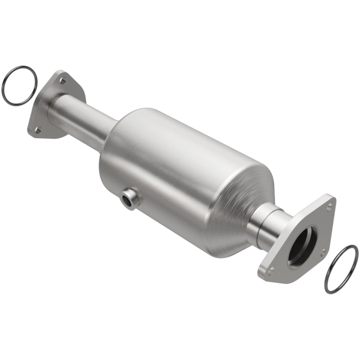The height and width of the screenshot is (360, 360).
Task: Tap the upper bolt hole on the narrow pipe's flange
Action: tap(63, 81)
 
